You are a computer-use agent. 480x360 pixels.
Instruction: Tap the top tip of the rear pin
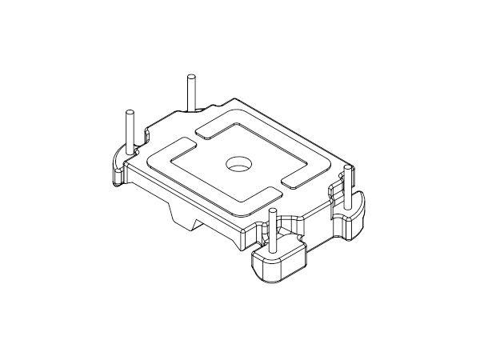(190, 77)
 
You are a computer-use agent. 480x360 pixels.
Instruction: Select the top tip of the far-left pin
(128, 111)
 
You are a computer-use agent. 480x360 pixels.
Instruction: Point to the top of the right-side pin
(348, 168)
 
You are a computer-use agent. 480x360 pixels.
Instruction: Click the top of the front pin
(274, 211)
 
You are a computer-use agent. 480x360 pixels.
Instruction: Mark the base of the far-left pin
(129, 152)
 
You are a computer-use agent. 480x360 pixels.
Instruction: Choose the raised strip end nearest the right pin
(295, 183)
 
